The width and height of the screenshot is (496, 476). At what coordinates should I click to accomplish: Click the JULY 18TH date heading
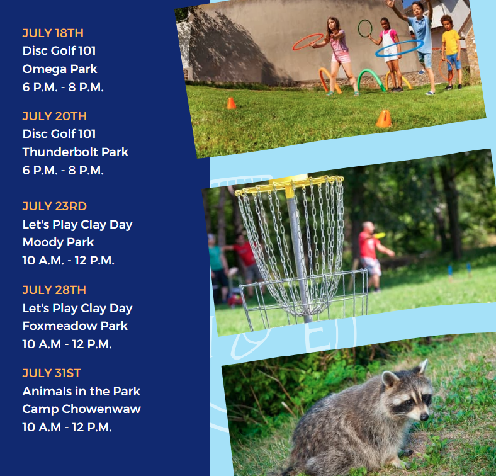[x=53, y=33]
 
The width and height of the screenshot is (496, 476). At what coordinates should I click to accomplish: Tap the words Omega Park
[x=60, y=69]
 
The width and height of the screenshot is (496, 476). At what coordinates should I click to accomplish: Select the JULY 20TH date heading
[x=55, y=116]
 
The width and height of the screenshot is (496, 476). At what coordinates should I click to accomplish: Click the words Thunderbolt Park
[x=76, y=152]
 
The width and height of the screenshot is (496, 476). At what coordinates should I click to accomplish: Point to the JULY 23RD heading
[x=55, y=206]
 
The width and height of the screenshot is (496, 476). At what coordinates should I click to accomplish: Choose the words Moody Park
[x=58, y=242]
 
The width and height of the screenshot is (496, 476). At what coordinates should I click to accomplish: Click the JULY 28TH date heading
[x=54, y=290]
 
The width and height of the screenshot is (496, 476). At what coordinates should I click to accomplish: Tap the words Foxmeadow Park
[x=75, y=326]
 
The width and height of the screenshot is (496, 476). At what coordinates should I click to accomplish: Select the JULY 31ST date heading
[x=52, y=373]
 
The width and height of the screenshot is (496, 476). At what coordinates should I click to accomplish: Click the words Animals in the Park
[x=81, y=391]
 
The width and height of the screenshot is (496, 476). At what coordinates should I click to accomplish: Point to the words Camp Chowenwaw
[x=81, y=409]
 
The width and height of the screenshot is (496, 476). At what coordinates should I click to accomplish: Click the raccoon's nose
[x=425, y=416]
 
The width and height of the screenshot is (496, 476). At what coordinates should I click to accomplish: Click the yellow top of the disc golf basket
[x=289, y=184]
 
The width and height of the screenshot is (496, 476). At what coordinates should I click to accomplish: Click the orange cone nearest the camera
[x=384, y=118]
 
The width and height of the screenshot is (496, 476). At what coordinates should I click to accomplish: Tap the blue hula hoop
[x=398, y=48]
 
